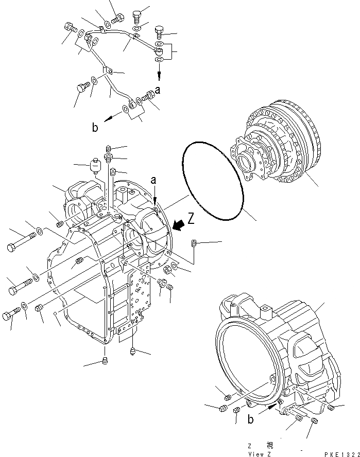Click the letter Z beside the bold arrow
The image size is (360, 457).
[191, 219]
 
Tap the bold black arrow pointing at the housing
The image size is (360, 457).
[178, 225]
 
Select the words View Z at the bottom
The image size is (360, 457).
[258, 453]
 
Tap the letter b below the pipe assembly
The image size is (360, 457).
[95, 128]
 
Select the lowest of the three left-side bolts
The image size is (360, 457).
[13, 315]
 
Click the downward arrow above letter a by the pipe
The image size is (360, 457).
[159, 76]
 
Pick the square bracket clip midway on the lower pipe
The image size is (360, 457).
[107, 72]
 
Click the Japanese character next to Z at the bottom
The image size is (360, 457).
[270, 446]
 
